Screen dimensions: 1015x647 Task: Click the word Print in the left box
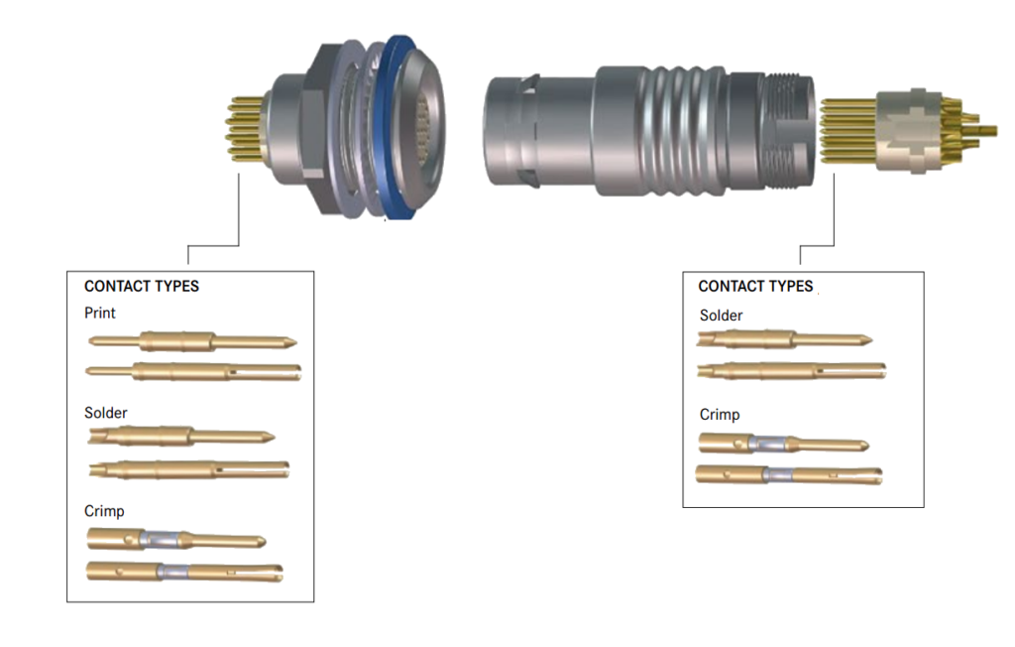click(x=100, y=314)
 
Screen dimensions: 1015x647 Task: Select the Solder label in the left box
click(x=105, y=413)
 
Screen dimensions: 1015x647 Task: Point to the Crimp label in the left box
click(x=104, y=511)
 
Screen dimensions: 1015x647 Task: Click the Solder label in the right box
click(x=722, y=316)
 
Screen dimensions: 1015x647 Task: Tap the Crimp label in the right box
click(x=720, y=415)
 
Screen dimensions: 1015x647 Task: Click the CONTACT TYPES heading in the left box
click(x=142, y=287)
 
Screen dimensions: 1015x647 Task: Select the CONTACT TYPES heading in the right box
click(x=755, y=287)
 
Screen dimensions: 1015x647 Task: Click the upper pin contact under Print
click(x=192, y=341)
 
